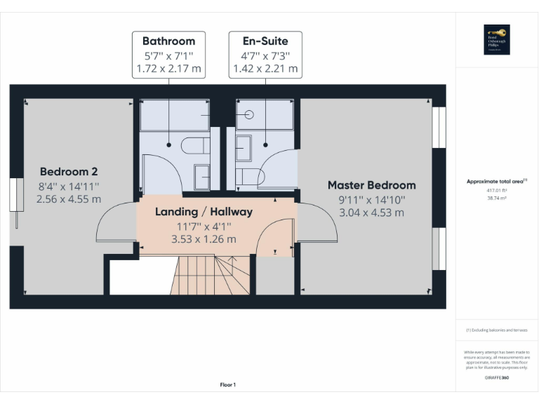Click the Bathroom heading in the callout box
(x=168, y=41)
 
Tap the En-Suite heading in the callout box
(x=265, y=41)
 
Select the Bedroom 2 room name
(x=68, y=171)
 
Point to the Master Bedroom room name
(x=371, y=185)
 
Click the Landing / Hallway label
(x=204, y=211)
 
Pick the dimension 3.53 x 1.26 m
(x=204, y=239)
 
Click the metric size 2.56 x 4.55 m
(x=69, y=199)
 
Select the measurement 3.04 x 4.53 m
(x=371, y=213)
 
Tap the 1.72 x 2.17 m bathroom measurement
(x=168, y=69)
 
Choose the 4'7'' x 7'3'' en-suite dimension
(x=265, y=55)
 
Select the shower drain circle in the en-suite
(x=249, y=114)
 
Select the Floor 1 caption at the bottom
(x=227, y=384)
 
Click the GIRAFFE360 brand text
(x=496, y=378)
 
